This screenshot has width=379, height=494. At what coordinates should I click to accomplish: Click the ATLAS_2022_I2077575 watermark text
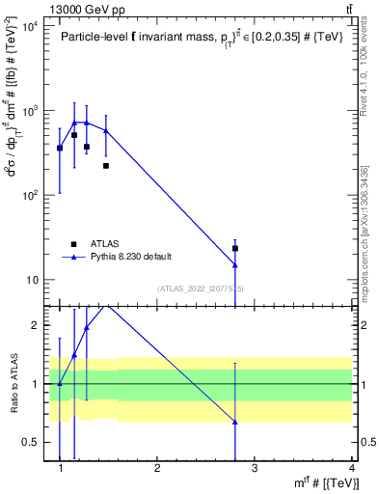click(201, 288)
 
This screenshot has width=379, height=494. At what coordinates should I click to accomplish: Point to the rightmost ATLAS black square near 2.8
click(235, 248)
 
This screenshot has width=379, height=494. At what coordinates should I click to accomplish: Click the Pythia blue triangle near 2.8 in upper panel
click(235, 264)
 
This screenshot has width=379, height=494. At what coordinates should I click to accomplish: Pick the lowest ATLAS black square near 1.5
click(106, 166)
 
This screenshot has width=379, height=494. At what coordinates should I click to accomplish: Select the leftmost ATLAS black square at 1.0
click(60, 148)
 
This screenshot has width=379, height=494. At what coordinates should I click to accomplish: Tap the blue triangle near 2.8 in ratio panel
click(235, 422)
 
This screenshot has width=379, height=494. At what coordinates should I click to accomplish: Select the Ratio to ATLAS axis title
click(14, 383)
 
